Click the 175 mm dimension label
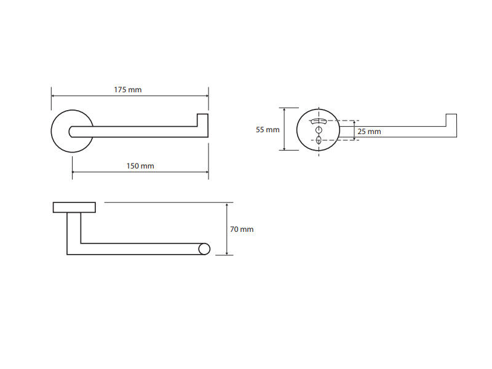(128, 90)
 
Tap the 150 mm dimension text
(140, 166)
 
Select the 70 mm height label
(242, 229)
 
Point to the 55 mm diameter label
(268, 130)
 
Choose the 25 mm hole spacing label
(370, 132)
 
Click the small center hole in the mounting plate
(319, 130)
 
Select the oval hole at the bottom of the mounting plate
(319, 140)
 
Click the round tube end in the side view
(204, 249)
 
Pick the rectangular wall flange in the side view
(74, 207)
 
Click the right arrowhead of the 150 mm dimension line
(207, 172)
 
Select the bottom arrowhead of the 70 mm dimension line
(226, 253)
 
